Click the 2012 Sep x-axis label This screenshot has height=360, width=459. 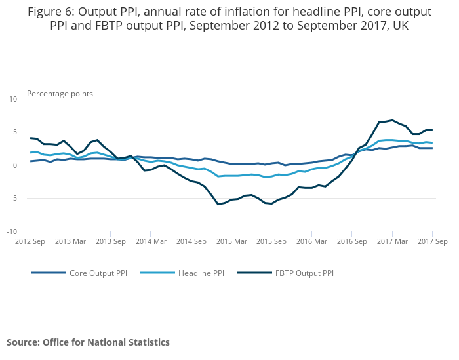[30, 241]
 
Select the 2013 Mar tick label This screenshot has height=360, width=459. [70, 241]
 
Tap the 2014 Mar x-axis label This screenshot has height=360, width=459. [150, 241]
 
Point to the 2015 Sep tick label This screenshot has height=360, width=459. [271, 241]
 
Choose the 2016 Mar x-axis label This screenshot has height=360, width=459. [311, 241]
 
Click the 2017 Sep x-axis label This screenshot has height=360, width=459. [433, 241]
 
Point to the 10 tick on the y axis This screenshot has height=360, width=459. [13, 98]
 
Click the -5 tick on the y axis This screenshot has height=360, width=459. [13, 198]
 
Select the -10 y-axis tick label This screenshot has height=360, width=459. [12, 231]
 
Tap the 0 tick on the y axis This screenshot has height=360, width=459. [14, 165]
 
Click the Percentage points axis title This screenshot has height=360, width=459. [60, 94]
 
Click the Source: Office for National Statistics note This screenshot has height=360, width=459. [88, 342]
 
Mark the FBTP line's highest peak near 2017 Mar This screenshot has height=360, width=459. [392, 120]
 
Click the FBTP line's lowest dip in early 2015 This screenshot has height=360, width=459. [218, 204]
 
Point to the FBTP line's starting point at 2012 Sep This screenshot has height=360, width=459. [30, 138]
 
